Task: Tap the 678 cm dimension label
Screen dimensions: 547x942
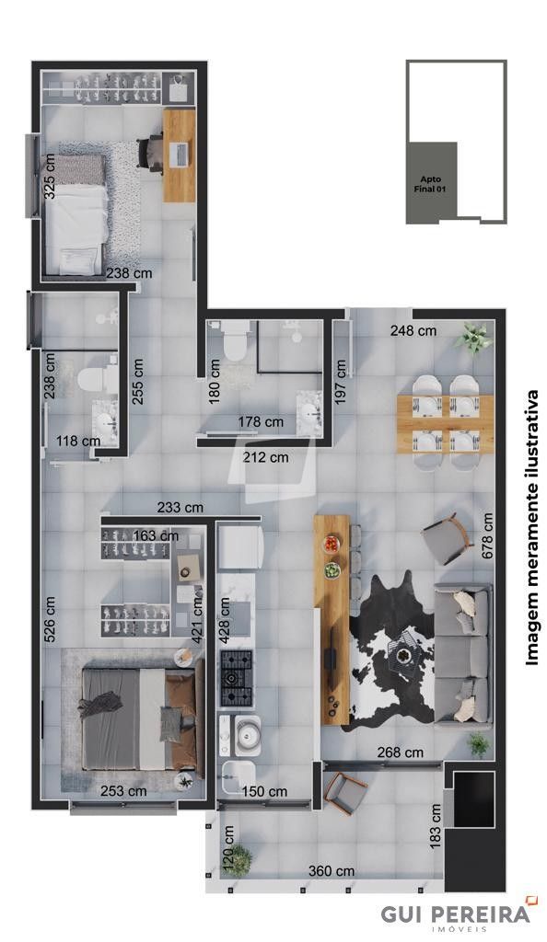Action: (487, 536)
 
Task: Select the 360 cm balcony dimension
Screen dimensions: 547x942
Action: (332, 870)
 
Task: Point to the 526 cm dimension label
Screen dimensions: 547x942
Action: (50, 619)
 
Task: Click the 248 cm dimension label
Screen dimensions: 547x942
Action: (413, 330)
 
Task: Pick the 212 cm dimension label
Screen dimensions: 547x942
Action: (266, 457)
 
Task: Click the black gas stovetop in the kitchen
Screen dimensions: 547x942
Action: (237, 678)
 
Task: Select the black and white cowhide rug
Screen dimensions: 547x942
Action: (389, 649)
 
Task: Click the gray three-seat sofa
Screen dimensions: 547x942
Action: (463, 656)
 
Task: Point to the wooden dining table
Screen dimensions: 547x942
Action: (446, 424)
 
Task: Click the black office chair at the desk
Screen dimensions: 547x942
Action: (150, 153)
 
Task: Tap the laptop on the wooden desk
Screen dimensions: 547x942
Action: (180, 155)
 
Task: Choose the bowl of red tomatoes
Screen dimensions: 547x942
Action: (332, 544)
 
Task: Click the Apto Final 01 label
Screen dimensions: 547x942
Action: (430, 184)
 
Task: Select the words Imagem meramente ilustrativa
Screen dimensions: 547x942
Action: (532, 527)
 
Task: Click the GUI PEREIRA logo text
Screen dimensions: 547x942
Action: (456, 913)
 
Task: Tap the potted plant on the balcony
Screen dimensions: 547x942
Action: (239, 860)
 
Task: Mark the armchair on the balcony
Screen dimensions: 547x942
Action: (344, 793)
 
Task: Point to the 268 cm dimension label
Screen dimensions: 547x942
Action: (401, 752)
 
